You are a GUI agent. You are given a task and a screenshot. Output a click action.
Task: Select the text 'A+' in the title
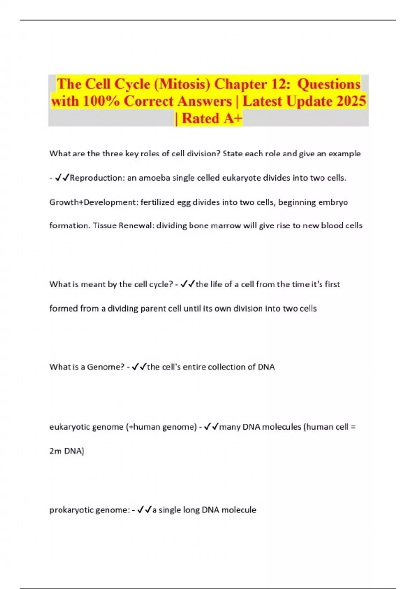pos(233,118)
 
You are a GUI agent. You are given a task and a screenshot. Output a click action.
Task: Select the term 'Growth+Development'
pos(93,202)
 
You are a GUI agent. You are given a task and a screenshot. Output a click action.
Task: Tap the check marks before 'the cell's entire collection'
pos(139,367)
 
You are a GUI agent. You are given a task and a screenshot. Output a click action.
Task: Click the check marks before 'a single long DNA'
pos(145,510)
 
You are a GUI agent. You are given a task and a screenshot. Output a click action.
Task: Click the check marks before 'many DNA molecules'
pos(211,427)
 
